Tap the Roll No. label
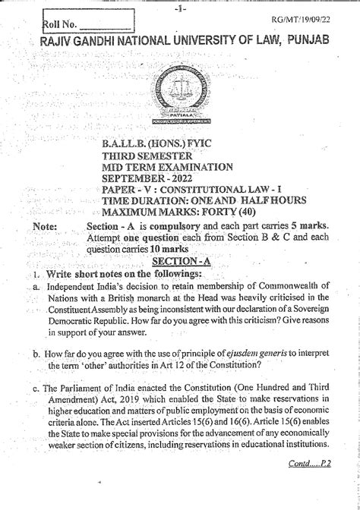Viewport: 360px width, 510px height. coord(60,26)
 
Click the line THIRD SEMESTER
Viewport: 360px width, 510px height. coord(147,156)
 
